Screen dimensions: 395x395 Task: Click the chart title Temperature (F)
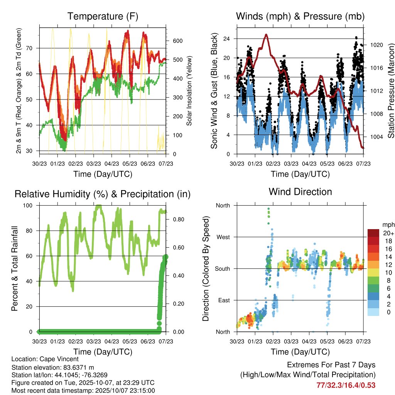pyautogui.click(x=102, y=17)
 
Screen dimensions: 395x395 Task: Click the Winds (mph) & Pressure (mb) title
pyautogui.click(x=300, y=17)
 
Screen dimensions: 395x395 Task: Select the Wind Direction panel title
pyautogui.click(x=300, y=192)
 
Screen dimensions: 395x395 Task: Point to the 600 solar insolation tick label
pyautogui.click(x=177, y=41)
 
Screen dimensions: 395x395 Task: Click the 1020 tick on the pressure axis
pyautogui.click(x=376, y=45)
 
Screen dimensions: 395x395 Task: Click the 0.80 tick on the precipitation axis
pyautogui.click(x=178, y=219)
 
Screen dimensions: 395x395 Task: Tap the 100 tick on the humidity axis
pyautogui.click(x=31, y=206)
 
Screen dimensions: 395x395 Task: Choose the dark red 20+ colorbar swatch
pyautogui.click(x=373, y=233)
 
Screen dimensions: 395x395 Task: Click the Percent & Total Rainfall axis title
pyautogui.click(x=15, y=268)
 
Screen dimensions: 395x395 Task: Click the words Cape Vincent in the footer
pyautogui.click(x=60, y=359)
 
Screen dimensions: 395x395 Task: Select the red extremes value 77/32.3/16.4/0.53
pyautogui.click(x=346, y=385)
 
